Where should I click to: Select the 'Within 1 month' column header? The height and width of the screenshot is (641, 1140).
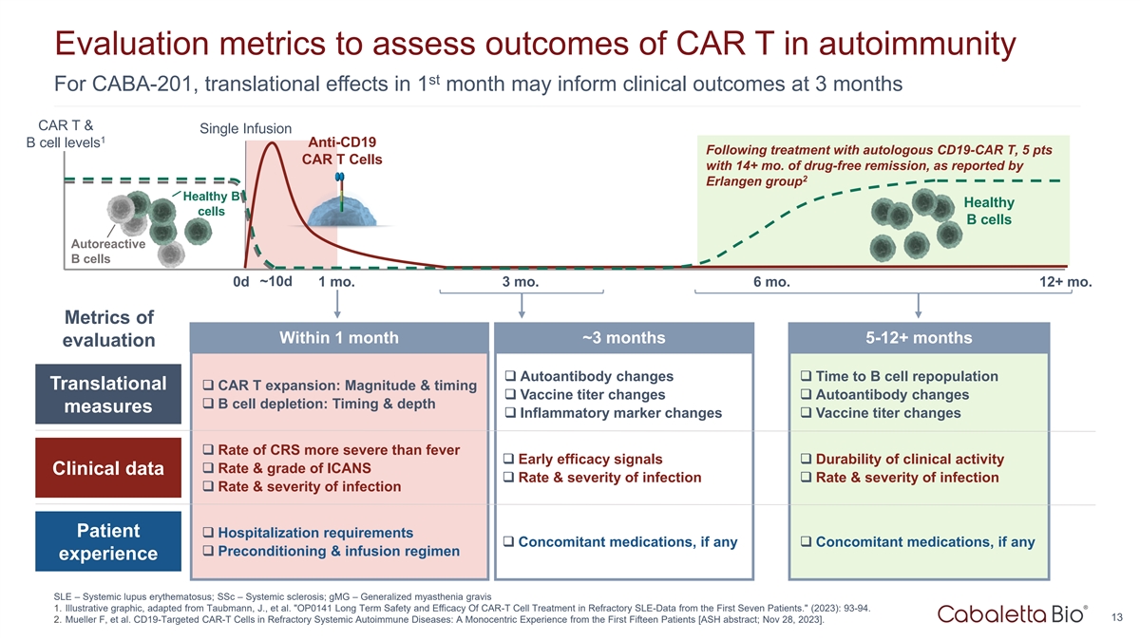click(338, 338)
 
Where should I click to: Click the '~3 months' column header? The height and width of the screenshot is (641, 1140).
click(623, 338)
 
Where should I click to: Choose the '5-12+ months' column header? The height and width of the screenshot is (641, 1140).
click(919, 338)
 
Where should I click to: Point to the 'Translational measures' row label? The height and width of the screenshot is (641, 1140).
click(107, 395)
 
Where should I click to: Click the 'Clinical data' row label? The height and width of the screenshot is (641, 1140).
click(107, 469)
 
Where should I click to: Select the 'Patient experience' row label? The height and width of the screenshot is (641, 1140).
click(107, 542)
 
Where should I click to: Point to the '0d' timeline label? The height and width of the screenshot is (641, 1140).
click(240, 283)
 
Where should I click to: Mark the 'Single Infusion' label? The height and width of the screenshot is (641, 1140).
click(245, 128)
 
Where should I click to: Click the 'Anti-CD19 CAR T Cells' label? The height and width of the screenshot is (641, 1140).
click(342, 150)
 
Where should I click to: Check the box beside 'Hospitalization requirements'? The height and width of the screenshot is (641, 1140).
click(208, 533)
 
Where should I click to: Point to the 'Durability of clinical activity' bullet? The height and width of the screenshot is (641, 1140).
click(909, 460)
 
